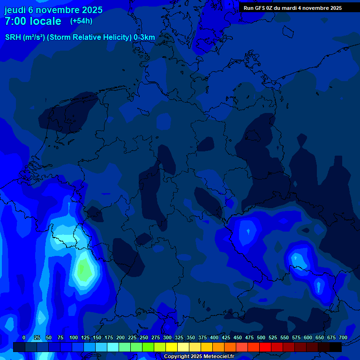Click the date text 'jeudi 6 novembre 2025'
coord(53,10)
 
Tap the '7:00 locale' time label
coord(33,22)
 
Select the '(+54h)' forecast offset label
coord(81,21)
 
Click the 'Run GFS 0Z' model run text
coord(261,8)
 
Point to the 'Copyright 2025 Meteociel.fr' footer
coord(199,357)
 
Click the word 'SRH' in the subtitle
coord(13,37)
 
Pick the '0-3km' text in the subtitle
coord(144,37)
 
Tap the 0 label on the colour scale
coord(24,337)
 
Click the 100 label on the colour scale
coord(74,337)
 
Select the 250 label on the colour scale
coord(144,337)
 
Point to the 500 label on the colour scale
coord(261,337)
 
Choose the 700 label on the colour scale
coord(343,337)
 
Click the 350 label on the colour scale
coord(191,337)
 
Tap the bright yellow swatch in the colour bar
coord(172,347)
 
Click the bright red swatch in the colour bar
coord(265,347)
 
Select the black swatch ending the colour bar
coord(336,347)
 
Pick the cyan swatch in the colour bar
coord(113,347)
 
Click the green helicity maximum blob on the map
coord(84,270)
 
